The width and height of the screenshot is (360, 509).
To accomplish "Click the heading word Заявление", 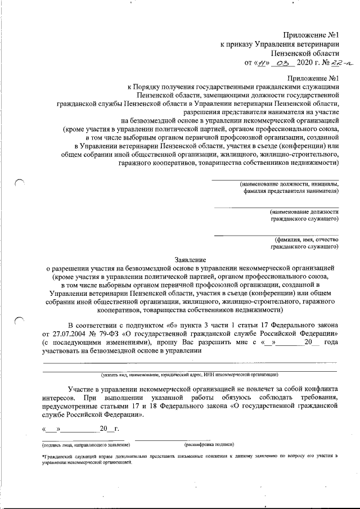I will (190, 260).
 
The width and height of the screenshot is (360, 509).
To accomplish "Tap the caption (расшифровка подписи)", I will (209, 444).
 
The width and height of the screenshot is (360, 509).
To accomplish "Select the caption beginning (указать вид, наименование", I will (188, 375).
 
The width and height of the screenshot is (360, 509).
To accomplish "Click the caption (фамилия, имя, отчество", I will (303, 240).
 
